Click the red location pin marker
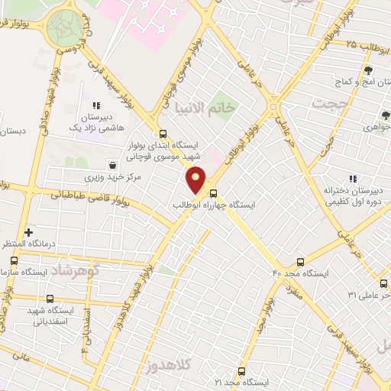point(196,179)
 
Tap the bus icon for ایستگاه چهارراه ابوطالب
point(214,193)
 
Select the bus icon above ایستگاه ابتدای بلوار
point(163,132)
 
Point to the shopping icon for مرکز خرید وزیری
point(113,165)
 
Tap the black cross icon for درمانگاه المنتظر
point(29,231)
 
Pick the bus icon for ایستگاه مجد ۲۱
point(241,370)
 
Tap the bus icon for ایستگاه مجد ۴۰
point(301,261)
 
